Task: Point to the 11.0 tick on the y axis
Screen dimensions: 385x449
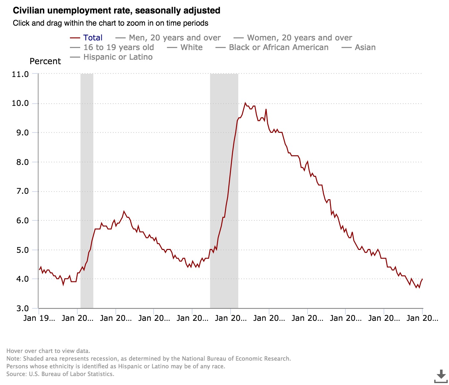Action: pyautogui.click(x=20, y=74)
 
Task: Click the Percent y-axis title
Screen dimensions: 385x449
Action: pyautogui.click(x=45, y=61)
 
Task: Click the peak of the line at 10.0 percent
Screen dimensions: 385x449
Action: pyautogui.click(x=245, y=103)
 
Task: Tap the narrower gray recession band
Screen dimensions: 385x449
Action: pyautogui.click(x=87, y=191)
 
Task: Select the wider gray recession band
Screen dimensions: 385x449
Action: pyautogui.click(x=224, y=191)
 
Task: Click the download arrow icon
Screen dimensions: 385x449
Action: pyautogui.click(x=441, y=375)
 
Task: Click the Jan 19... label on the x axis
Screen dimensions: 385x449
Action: pyautogui.click(x=39, y=318)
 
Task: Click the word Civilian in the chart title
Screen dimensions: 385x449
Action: pyautogui.click(x=29, y=11)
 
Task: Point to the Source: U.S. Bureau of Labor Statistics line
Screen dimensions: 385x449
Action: pyautogui.click(x=60, y=374)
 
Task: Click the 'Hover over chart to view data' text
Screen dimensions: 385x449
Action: pyautogui.click(x=48, y=351)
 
